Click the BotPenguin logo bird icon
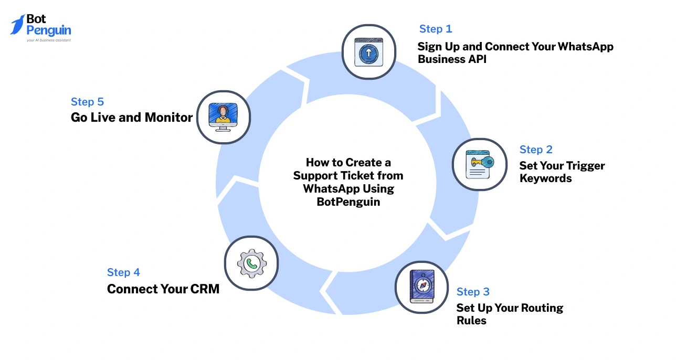17,25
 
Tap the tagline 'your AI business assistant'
48,40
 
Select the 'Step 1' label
435,29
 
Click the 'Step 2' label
536,150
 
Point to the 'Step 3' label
473,292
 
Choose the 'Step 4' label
123,272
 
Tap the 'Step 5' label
87,102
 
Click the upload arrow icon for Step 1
368,52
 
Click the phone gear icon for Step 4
251,263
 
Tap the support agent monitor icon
223,117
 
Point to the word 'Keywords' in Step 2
545,178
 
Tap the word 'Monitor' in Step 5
168,118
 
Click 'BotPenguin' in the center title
348,202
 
